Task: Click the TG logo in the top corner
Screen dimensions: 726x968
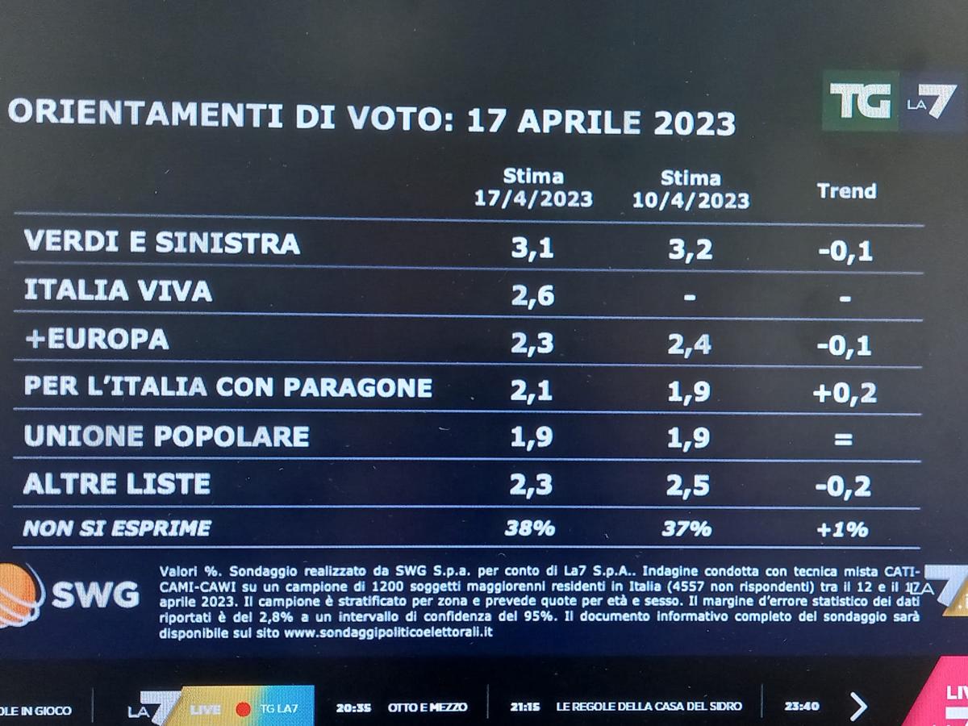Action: (x=860, y=102)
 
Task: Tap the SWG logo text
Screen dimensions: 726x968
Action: (x=95, y=595)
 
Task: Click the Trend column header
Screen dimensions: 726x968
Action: (x=846, y=191)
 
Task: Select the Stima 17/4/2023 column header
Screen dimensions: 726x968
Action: (x=533, y=187)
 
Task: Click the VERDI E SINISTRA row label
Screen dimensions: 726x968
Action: (x=162, y=243)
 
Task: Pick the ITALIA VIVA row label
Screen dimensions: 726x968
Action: (x=118, y=290)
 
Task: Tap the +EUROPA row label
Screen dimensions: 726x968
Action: (x=97, y=339)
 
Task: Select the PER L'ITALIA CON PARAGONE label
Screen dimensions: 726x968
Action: (x=228, y=387)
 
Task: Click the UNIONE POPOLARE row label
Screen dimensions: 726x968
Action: (x=166, y=436)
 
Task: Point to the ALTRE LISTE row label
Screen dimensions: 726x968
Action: (x=117, y=484)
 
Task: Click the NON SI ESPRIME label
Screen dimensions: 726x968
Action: (x=117, y=528)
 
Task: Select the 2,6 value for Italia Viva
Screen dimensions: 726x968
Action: (x=532, y=296)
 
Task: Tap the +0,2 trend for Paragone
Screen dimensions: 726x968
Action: (x=845, y=393)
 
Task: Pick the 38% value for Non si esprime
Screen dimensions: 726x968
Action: (x=529, y=528)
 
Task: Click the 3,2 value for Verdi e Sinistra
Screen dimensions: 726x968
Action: (x=691, y=249)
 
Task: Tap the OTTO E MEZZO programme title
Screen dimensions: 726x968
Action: (x=427, y=707)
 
